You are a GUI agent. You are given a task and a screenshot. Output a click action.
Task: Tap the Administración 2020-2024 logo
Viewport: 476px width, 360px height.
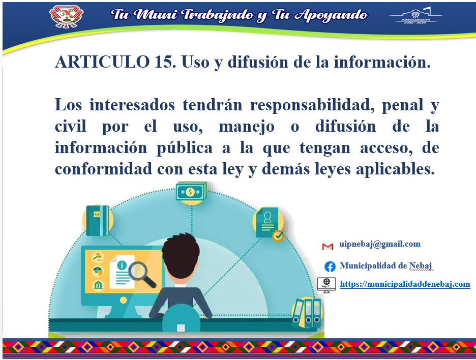415,15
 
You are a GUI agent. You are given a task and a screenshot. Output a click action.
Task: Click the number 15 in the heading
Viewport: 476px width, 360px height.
163,62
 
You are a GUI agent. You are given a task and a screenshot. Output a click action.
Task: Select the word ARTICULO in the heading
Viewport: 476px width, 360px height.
102,62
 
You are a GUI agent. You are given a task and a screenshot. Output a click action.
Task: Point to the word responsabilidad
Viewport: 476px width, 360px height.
312,105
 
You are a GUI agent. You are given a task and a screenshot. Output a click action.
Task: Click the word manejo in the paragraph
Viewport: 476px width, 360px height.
247,127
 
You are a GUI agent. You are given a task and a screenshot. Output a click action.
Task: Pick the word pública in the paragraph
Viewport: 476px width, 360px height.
184,148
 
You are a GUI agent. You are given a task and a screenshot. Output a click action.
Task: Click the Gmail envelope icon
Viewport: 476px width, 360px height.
328,246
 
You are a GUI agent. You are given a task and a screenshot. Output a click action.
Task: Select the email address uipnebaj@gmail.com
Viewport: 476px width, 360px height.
380,244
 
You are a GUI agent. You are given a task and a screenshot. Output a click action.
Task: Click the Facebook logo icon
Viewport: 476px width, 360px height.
330,266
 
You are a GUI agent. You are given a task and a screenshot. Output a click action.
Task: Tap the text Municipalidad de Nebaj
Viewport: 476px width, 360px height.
385,266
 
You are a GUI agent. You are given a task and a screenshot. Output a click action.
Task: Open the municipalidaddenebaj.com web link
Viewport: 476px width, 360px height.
405,284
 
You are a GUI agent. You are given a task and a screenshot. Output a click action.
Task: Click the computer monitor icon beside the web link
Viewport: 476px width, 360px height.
326,285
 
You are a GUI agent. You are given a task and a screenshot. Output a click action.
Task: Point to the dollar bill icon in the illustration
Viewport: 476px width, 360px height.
191,192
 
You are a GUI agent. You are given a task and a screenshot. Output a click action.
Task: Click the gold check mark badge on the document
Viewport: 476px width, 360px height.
278,235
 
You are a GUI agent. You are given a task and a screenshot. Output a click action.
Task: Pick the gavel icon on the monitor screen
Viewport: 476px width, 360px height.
98,256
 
